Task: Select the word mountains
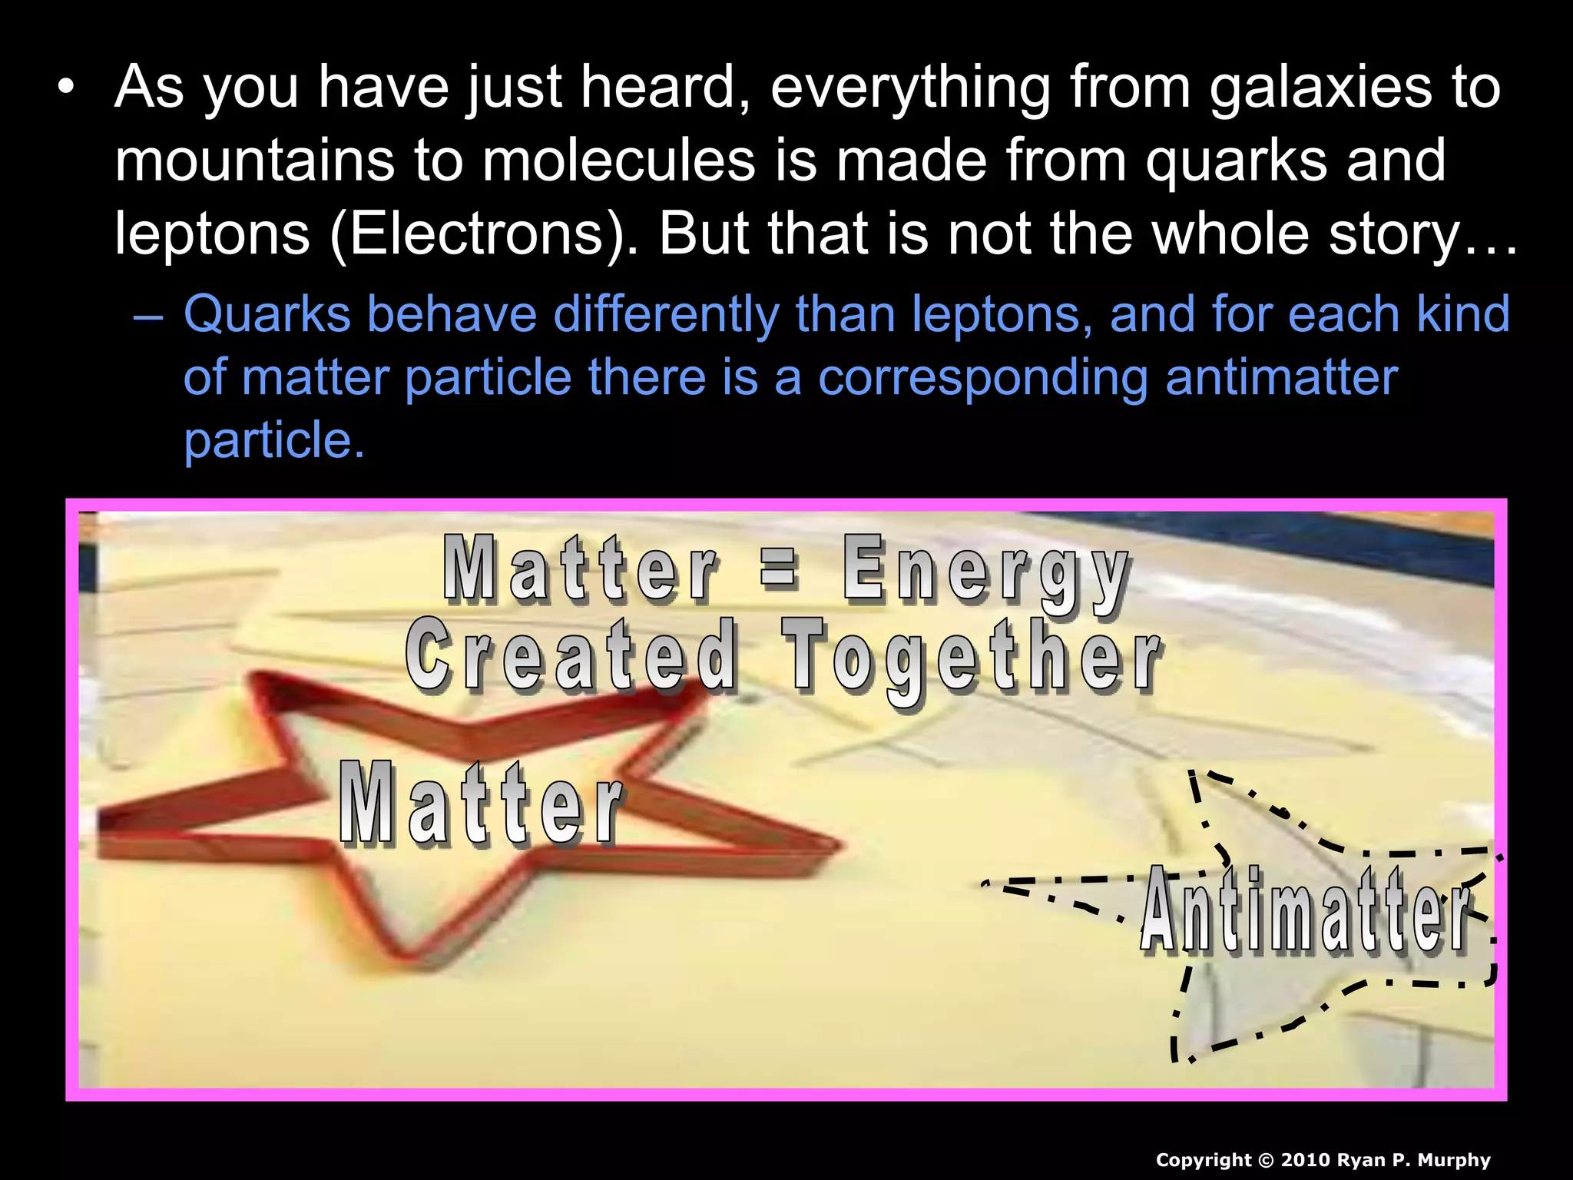254,161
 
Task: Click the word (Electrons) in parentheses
475,234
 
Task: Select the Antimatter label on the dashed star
1305,910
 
